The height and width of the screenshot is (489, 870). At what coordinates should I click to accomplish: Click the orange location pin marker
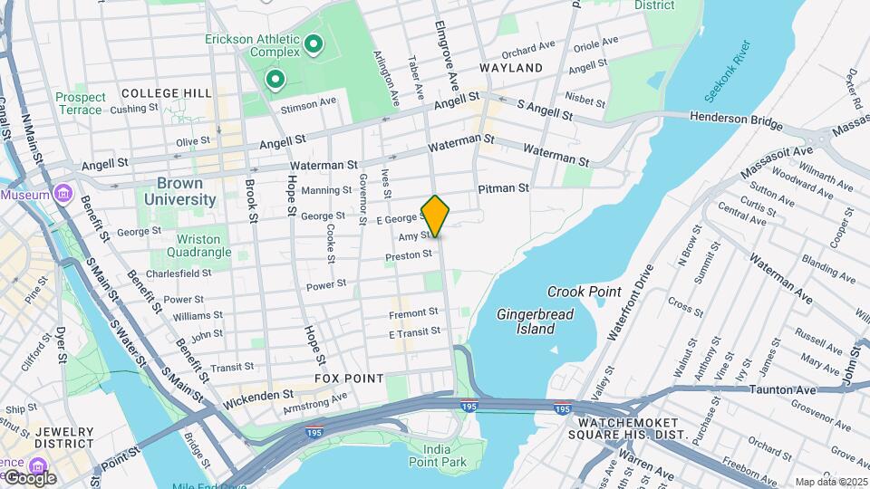[x=435, y=216]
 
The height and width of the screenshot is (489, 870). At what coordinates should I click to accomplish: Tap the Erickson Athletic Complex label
[x=251, y=47]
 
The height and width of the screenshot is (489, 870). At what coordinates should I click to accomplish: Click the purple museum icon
[x=62, y=194]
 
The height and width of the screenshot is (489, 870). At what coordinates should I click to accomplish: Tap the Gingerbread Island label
[x=526, y=321]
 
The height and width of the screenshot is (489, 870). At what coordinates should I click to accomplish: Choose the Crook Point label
[x=584, y=292]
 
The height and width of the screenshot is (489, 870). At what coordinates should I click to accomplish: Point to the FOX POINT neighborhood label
[x=349, y=378]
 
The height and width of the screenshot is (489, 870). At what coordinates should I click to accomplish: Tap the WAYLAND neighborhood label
[x=511, y=68]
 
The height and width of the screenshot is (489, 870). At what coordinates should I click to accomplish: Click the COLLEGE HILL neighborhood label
[x=166, y=93]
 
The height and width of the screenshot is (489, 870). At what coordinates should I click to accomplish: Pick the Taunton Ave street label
[x=784, y=389]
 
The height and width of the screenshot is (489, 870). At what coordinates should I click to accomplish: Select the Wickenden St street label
[x=259, y=395]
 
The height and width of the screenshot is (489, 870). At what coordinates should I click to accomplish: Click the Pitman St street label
[x=503, y=188]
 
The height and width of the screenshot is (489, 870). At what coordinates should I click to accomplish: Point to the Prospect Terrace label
[x=81, y=103]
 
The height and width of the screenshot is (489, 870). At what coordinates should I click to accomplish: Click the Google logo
[x=30, y=477]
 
